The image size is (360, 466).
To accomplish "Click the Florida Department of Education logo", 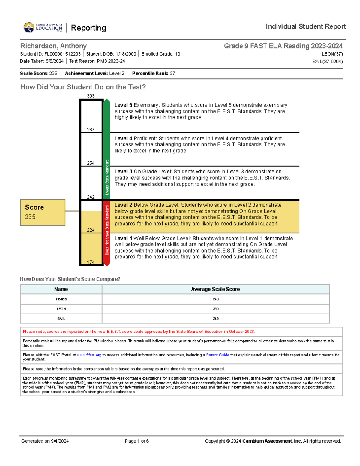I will click(x=43, y=28).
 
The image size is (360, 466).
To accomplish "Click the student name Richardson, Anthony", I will click(x=53, y=46).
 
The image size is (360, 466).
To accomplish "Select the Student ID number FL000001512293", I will click(x=62, y=54).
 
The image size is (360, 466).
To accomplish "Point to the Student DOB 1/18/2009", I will click(x=126, y=54).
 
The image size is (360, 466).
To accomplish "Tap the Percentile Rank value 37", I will click(x=172, y=74).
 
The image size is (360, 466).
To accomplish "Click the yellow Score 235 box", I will click(x=43, y=212).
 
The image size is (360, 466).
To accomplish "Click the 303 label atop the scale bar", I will click(x=91, y=96).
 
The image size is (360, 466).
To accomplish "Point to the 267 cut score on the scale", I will click(x=91, y=130).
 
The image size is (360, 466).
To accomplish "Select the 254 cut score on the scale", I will click(x=91, y=163).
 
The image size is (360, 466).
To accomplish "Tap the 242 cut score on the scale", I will click(x=91, y=197).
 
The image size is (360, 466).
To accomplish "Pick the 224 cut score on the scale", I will click(x=91, y=230).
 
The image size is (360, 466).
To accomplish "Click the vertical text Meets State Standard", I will click(x=107, y=177).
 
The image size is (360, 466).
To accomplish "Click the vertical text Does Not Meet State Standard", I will click(x=107, y=230).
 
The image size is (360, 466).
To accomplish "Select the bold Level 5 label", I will click(x=123, y=105).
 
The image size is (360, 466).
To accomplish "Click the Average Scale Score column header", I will click(x=215, y=289).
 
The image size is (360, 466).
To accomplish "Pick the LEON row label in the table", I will click(x=61, y=309).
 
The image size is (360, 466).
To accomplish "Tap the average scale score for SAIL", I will click(x=215, y=319).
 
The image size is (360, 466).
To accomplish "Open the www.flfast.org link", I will click(x=89, y=355).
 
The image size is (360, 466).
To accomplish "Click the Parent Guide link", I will click(x=217, y=355).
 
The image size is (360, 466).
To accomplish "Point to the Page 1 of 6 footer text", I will click(x=137, y=441).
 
